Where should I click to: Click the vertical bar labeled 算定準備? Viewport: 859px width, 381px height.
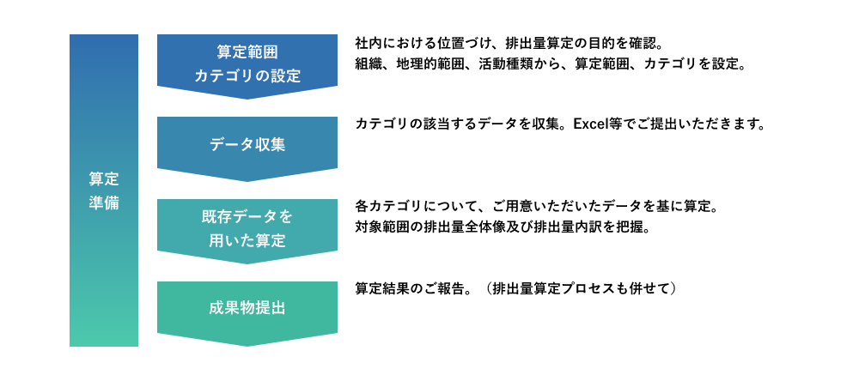(x=104, y=190)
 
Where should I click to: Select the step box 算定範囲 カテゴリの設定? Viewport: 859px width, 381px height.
(x=247, y=63)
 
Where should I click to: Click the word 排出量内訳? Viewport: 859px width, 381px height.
(x=566, y=227)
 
